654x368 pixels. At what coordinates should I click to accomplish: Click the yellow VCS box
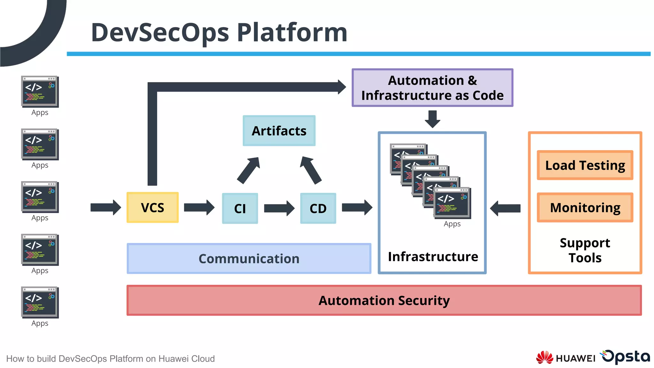[x=152, y=208]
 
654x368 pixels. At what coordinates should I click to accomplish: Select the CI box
[x=240, y=208]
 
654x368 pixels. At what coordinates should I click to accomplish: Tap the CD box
[x=318, y=208]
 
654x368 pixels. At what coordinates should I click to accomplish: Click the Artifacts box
[x=279, y=131]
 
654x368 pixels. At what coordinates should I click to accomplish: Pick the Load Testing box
[x=585, y=165]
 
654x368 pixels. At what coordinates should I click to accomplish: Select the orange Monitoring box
[x=585, y=208]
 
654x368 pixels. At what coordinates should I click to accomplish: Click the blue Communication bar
[x=249, y=258]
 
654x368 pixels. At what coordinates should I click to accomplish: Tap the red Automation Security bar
[x=384, y=300]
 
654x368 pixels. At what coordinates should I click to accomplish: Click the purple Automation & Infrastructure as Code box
[x=432, y=88]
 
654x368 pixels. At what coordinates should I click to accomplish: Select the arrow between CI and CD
[x=279, y=208]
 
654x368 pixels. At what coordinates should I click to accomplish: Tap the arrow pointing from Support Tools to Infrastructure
[x=505, y=208]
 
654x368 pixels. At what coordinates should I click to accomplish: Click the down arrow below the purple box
[x=432, y=119]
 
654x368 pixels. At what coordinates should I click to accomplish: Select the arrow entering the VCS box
[x=105, y=208]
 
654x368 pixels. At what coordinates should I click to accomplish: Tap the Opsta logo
[x=626, y=356]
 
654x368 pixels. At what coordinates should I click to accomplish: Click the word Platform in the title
[x=292, y=33]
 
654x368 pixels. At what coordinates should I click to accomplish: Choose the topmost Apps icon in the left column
[x=40, y=91]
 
